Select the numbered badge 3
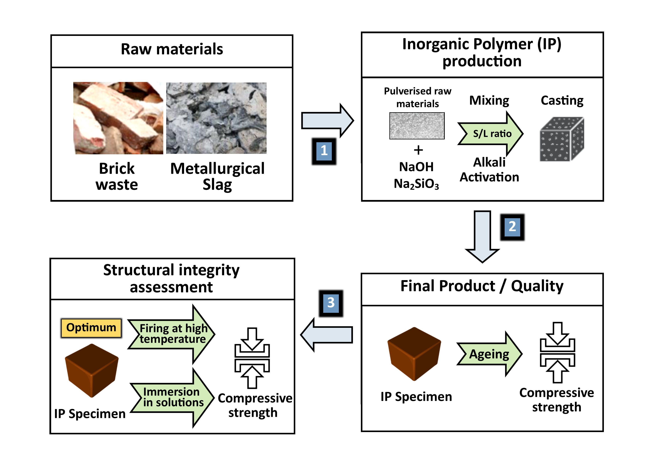(x=331, y=303)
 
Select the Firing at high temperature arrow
(x=172, y=334)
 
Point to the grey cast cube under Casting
(x=561, y=139)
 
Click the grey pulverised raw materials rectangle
(x=417, y=126)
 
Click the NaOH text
(x=416, y=167)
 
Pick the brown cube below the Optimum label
(x=92, y=371)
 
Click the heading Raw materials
(x=172, y=49)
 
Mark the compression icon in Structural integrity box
(x=252, y=358)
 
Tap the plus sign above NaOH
(x=418, y=150)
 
